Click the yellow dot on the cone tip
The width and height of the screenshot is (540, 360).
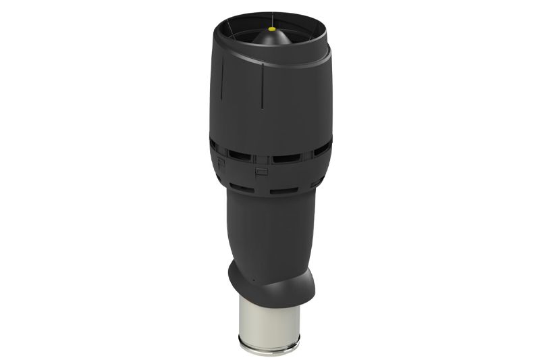tap(271, 30)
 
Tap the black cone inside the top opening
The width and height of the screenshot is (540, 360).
tap(270, 41)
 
